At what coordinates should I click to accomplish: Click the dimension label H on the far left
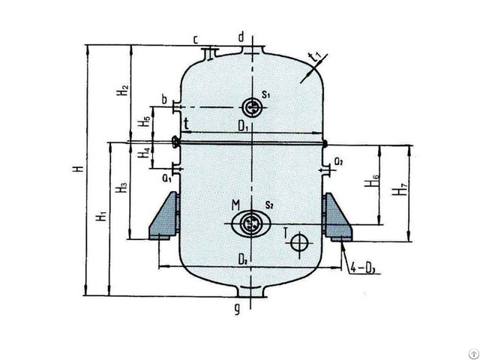coord(78,170)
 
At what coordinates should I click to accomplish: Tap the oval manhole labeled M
coord(251,223)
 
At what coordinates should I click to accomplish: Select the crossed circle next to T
coord(300,242)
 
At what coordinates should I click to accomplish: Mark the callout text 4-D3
coord(364,268)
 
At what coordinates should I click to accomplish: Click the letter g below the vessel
coord(236,308)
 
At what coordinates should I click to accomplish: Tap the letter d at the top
coord(241,37)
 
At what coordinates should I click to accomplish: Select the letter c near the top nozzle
coord(195,38)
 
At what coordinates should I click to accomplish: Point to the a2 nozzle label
coord(339,161)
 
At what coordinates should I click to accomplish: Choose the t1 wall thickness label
coord(315,57)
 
